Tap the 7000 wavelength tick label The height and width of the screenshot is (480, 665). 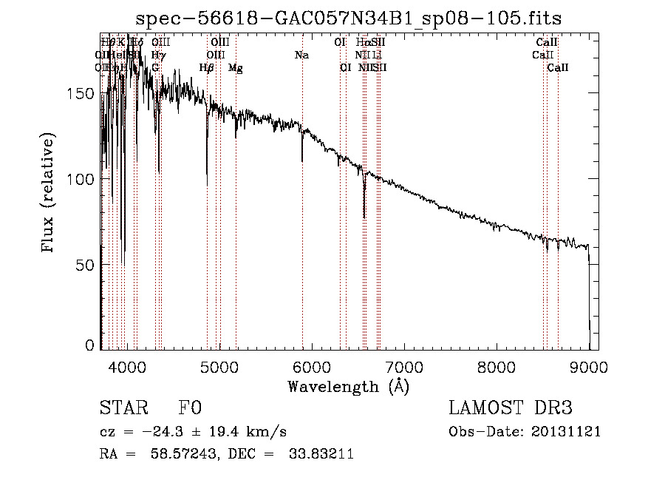(x=404, y=366)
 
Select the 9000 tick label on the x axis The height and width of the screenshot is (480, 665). (x=589, y=366)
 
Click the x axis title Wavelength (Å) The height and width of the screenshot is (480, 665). (x=348, y=386)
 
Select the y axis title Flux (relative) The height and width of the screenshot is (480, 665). (x=49, y=194)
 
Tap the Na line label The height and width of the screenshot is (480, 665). (x=301, y=55)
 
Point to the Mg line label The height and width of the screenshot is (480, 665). (x=236, y=68)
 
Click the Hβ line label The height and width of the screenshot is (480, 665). (x=207, y=68)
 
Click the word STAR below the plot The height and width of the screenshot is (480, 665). (x=123, y=409)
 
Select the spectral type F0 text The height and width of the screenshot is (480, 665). (x=190, y=409)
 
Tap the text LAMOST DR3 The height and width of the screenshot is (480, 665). (x=511, y=409)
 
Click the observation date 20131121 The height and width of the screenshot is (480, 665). (x=569, y=432)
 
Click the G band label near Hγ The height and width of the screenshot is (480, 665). (x=156, y=68)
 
